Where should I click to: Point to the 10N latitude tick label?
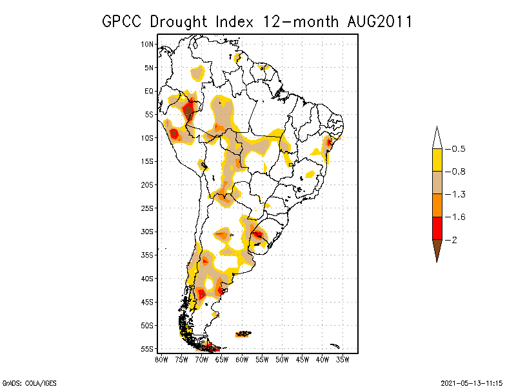point(148,45)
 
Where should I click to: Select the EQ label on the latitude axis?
point(149,92)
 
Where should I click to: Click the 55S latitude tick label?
point(148,349)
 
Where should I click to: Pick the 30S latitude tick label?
point(148,232)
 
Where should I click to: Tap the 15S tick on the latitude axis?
point(148,161)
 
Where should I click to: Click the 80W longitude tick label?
point(161,359)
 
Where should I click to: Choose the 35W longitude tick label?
point(342,359)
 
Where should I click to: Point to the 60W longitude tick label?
point(242,359)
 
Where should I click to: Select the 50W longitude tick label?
point(282,359)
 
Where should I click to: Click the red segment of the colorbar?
point(437,228)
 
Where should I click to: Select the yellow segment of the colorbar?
point(437,160)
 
